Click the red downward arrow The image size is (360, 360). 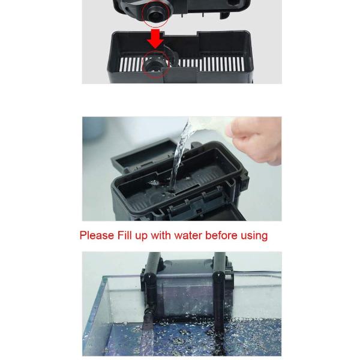tap(155, 38)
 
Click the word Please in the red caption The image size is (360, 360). tap(97, 236)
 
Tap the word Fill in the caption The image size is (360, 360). tap(124, 235)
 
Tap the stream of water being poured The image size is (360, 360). tap(181, 156)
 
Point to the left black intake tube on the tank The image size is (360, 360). tap(151, 303)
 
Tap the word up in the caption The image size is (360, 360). tap(141, 236)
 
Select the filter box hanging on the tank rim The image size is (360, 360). tap(187, 289)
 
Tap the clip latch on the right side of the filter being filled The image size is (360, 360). tap(245, 181)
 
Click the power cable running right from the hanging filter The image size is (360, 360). tap(257, 272)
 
